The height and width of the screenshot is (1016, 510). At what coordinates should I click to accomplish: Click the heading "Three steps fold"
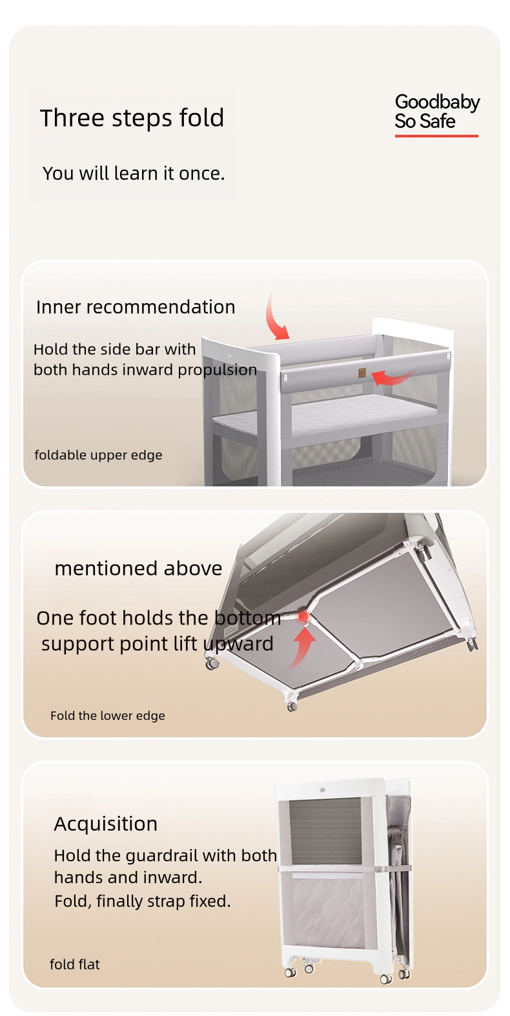coord(132,119)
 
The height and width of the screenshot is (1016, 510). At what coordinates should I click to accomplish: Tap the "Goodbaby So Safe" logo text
coord(437,112)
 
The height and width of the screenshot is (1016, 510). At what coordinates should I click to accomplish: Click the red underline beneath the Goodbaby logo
coord(436,135)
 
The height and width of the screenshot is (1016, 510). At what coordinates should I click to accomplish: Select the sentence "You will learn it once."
coord(134,174)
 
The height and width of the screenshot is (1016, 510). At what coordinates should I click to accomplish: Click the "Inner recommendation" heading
coord(136,307)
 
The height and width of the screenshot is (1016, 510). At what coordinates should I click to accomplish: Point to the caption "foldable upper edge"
coord(99,455)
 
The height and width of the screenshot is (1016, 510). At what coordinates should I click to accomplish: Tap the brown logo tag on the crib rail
coord(362,373)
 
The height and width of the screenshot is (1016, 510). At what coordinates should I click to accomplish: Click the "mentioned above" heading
coord(138,568)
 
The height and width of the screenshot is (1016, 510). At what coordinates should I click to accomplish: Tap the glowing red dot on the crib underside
coord(303,617)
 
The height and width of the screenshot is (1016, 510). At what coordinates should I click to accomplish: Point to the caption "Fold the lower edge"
coord(108,716)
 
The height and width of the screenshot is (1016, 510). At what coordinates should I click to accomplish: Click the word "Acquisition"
coord(106,824)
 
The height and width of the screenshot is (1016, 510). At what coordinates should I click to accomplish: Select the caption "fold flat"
coord(75,964)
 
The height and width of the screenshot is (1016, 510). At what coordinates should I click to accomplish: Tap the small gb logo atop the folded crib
coord(322,790)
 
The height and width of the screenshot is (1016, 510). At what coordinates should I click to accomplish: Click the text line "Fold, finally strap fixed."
coord(143,901)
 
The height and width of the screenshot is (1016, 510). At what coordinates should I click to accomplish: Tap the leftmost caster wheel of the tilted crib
coord(212,664)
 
